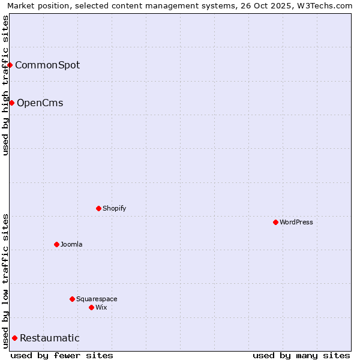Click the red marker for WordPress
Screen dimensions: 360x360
(x=275, y=222)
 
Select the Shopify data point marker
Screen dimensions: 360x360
(x=98, y=208)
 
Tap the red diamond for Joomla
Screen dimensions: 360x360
(x=56, y=244)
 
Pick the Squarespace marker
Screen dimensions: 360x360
(x=72, y=299)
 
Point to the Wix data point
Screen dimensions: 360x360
(x=91, y=307)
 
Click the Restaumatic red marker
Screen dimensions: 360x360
(x=14, y=338)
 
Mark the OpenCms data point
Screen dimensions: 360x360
(x=11, y=103)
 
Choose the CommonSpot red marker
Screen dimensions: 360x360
(x=10, y=65)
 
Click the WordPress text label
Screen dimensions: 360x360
(x=296, y=222)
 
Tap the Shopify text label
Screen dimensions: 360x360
(x=114, y=208)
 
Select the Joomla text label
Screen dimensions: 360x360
(x=71, y=244)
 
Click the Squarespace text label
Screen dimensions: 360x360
(x=97, y=299)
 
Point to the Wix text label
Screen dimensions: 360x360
(x=101, y=307)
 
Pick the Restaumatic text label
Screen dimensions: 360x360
(x=49, y=338)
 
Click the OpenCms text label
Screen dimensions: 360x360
(x=40, y=103)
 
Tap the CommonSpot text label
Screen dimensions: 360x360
(x=47, y=65)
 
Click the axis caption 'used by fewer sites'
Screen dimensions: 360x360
(x=62, y=355)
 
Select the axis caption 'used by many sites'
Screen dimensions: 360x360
(x=301, y=355)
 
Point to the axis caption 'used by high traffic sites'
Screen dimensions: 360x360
(x=5, y=85)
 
